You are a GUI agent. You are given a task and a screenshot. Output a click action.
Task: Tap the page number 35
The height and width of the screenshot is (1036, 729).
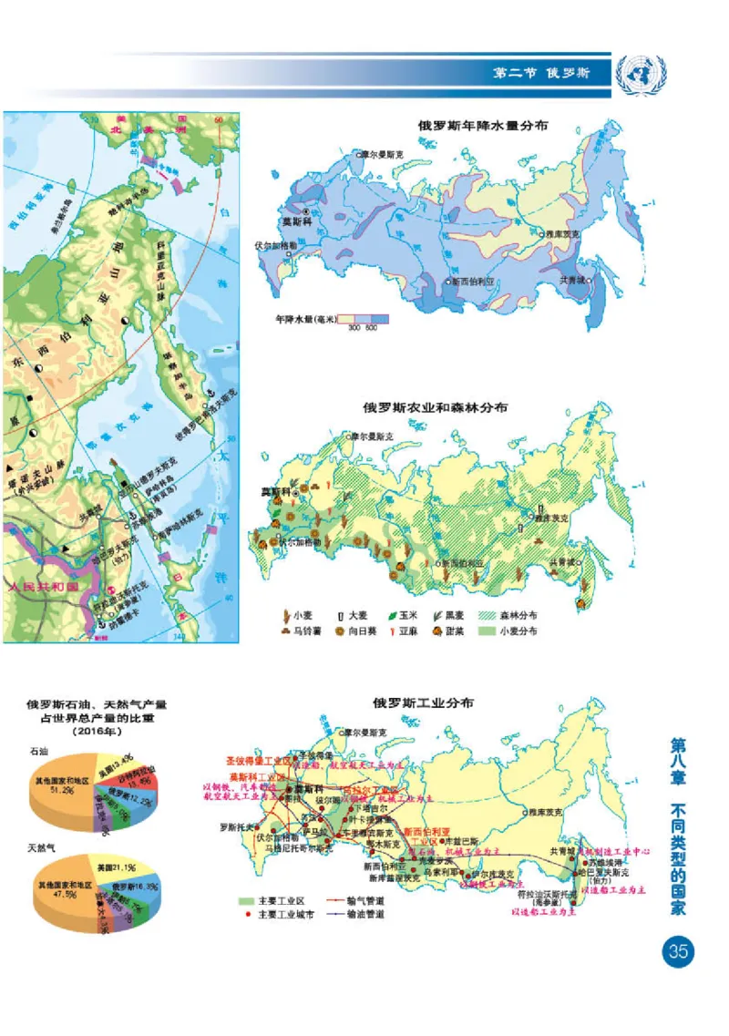677,953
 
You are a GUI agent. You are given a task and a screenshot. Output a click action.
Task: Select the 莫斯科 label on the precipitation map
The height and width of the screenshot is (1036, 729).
295,221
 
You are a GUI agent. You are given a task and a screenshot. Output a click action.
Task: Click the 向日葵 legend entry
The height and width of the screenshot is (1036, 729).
339,631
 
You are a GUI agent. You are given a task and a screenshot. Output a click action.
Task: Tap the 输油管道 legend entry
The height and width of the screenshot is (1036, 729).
364,914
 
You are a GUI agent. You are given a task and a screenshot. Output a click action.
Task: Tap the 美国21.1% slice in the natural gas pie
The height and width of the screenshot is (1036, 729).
100,867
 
